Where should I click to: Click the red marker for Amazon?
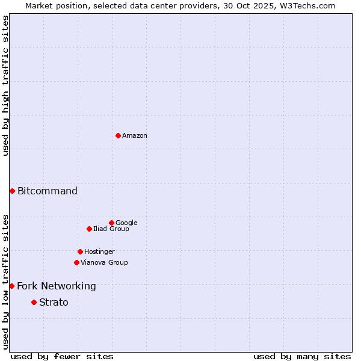click(x=118, y=135)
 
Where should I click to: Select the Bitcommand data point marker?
click(x=12, y=191)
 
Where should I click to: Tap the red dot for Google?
click(x=111, y=223)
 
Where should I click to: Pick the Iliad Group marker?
click(x=89, y=229)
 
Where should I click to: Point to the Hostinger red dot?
click(x=80, y=251)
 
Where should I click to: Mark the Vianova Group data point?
click(x=76, y=262)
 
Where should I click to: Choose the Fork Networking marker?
click(x=11, y=286)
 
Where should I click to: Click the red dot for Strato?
click(x=34, y=302)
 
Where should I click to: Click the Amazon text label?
click(x=135, y=136)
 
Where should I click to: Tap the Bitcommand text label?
click(x=48, y=191)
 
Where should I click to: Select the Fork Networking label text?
click(x=57, y=286)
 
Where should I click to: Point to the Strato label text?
click(x=54, y=303)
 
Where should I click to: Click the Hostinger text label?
click(x=99, y=252)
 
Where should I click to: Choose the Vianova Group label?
click(x=104, y=263)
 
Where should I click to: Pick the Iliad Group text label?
click(x=111, y=229)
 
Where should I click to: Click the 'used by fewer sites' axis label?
click(x=62, y=356)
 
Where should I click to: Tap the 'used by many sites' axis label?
click(x=302, y=356)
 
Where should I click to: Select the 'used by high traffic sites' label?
click(x=5, y=85)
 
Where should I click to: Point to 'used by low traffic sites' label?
click(x=5, y=281)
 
